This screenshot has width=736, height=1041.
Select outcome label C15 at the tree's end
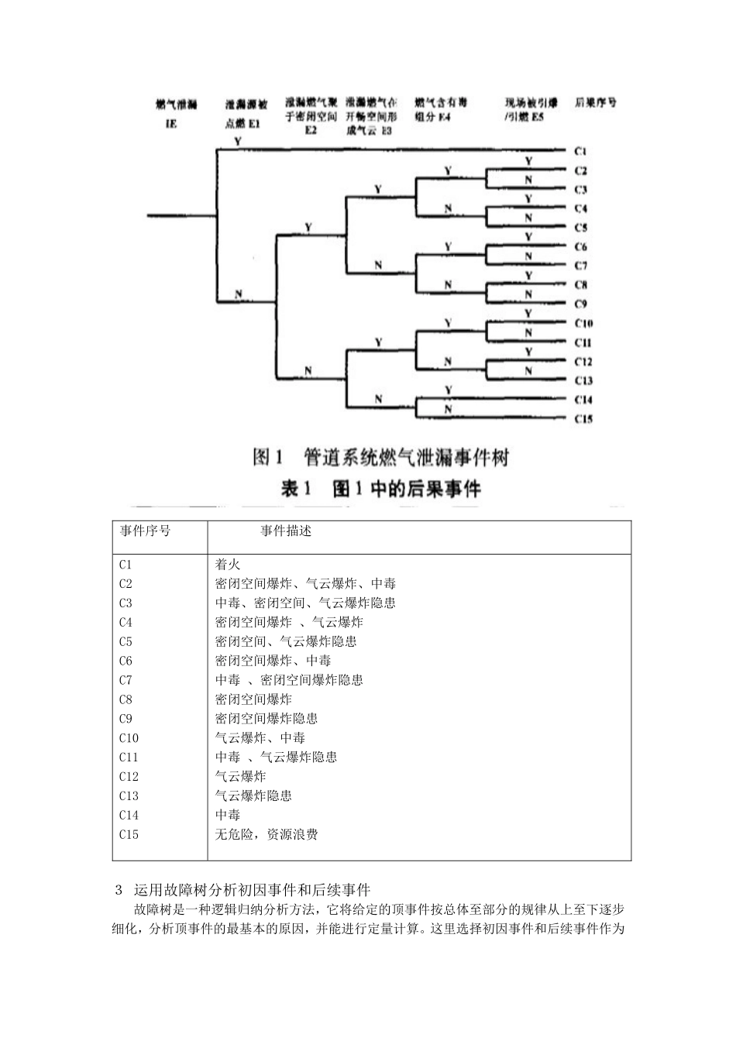[583, 419]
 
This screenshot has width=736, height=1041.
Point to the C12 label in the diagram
[583, 362]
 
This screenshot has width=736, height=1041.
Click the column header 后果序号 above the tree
[596, 102]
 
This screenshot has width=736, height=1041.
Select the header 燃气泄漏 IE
[176, 113]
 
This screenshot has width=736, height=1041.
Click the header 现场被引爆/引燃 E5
[531, 109]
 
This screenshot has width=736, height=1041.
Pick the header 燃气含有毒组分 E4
[441, 109]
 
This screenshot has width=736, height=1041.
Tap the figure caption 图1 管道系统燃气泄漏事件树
[380, 458]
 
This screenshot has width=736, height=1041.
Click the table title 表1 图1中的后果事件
[380, 489]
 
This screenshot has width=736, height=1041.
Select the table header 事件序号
[145, 531]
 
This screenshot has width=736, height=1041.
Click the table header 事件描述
[286, 531]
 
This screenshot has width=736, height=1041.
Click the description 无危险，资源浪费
[266, 834]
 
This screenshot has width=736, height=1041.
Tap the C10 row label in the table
[129, 738]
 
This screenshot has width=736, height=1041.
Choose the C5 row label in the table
[126, 641]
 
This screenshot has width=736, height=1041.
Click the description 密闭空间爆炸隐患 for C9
[266, 719]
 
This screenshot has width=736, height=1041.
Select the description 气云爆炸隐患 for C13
[253, 795]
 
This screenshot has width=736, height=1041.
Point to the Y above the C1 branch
[237, 142]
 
